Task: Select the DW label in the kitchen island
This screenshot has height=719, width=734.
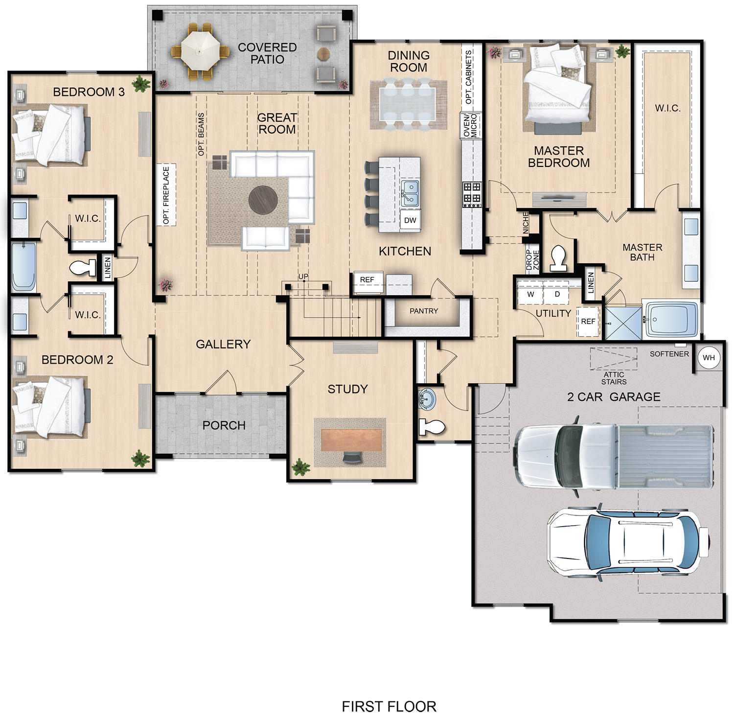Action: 410,220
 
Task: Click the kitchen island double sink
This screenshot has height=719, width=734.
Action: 410,193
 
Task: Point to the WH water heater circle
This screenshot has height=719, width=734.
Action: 709,358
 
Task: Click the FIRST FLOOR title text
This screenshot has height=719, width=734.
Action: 389,706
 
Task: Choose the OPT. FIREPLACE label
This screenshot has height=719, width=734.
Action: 166,195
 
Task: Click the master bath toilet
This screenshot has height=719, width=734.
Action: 558,258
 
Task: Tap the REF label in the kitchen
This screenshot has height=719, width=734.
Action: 367,280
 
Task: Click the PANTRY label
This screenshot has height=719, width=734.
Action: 424,311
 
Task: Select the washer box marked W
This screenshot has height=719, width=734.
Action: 530,294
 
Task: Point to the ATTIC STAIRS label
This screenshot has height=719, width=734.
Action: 614,378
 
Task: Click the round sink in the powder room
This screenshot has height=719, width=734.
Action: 427,398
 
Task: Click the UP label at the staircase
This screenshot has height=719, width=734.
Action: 303,277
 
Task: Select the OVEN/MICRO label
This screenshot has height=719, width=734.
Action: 470,125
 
